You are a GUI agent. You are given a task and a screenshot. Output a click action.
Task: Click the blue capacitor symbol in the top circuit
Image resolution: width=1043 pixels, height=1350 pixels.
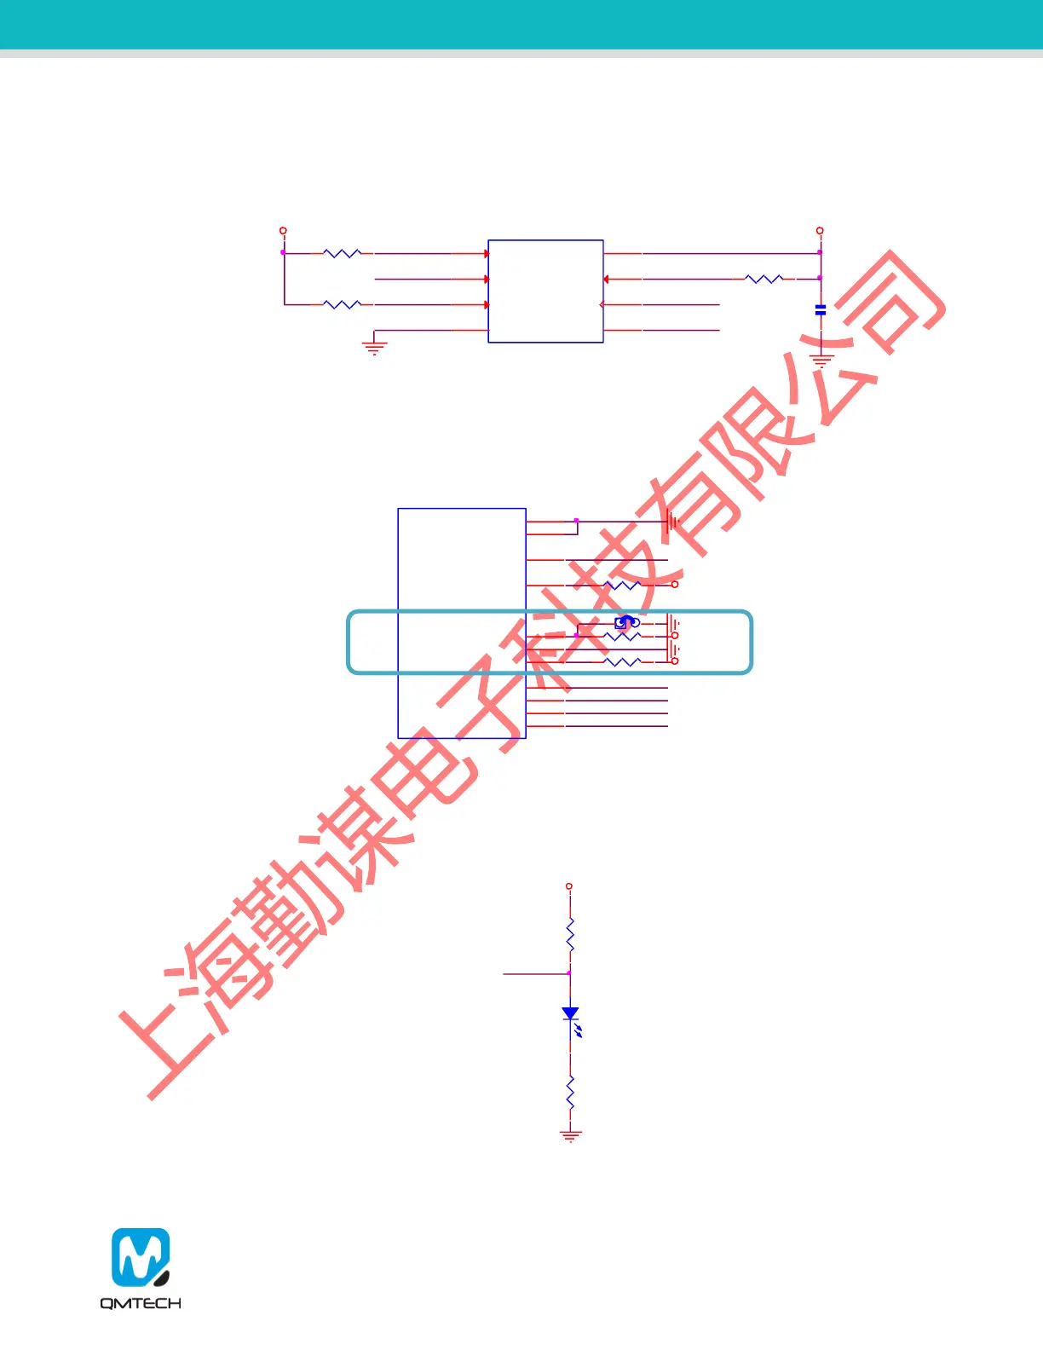click(x=821, y=310)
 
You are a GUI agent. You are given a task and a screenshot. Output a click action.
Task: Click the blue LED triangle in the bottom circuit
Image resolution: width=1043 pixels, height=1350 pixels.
click(x=570, y=1013)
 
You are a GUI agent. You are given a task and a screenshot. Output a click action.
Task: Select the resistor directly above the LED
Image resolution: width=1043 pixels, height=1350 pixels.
click(x=570, y=935)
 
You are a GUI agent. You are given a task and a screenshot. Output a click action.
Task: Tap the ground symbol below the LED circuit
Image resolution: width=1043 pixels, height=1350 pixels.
click(x=570, y=1135)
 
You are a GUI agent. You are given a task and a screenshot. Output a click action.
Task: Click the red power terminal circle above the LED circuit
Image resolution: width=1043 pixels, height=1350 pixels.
click(x=569, y=886)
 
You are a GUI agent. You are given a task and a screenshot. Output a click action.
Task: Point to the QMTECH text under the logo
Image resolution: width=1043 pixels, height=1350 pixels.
click(x=141, y=1303)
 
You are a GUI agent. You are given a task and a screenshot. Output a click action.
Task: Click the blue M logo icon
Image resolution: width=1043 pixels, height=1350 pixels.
click(x=141, y=1257)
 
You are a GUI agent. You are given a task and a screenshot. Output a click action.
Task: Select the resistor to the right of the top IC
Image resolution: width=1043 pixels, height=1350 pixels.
click(x=764, y=279)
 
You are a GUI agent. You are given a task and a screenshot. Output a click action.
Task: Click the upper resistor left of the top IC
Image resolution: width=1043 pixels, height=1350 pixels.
click(x=343, y=253)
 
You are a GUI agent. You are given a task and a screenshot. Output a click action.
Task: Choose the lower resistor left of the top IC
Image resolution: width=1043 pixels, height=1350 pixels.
click(x=343, y=304)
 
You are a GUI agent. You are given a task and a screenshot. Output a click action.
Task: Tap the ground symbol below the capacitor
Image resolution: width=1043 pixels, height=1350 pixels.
click(x=821, y=361)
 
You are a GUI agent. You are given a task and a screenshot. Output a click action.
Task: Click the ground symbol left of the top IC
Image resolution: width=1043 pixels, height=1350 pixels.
click(x=374, y=346)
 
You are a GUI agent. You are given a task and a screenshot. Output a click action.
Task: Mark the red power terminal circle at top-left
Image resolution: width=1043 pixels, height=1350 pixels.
click(x=283, y=231)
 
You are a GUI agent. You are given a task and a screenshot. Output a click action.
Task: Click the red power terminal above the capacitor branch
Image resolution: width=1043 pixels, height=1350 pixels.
click(x=820, y=231)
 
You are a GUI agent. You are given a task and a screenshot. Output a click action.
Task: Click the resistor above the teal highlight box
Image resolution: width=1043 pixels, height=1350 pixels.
click(x=622, y=585)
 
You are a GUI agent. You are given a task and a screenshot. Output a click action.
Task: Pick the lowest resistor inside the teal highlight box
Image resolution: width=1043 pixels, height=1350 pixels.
click(x=622, y=661)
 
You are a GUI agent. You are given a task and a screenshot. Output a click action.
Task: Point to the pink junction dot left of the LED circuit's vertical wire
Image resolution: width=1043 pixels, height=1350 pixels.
click(x=569, y=972)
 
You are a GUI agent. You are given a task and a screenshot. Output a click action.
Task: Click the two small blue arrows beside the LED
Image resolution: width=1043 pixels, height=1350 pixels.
click(x=579, y=1031)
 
